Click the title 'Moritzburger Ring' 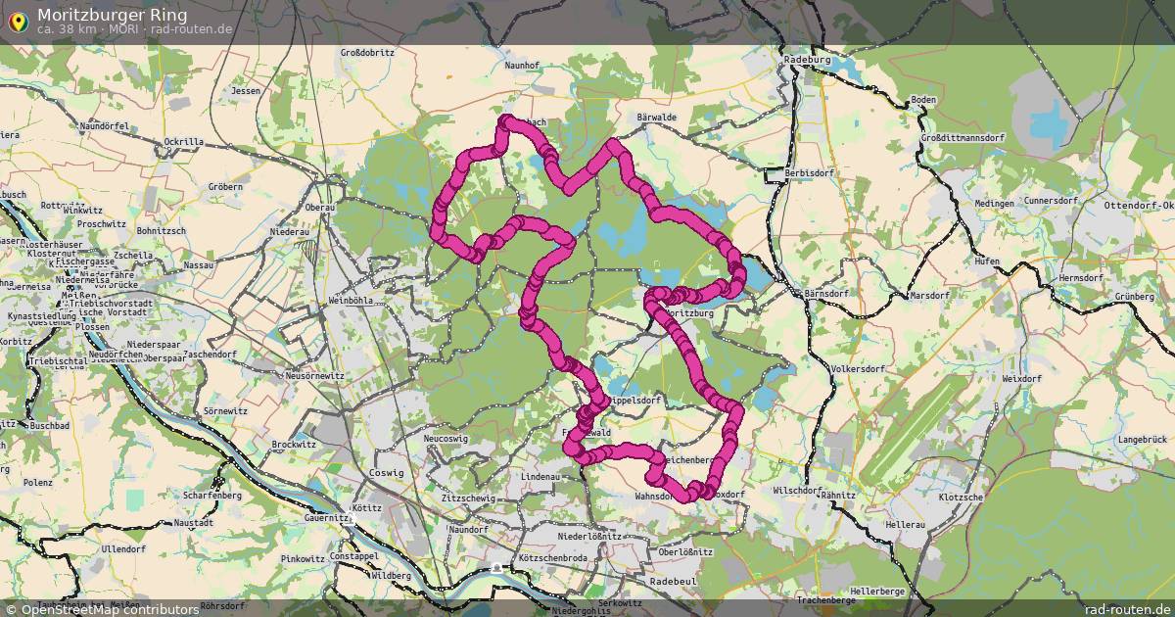tap(113, 15)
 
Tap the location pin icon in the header tap(17, 19)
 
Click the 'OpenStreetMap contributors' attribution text tap(109, 609)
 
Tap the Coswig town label tap(387, 473)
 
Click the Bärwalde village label tap(656, 118)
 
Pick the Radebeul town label tap(672, 581)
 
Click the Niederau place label tap(289, 231)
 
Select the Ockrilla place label tap(184, 142)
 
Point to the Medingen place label tap(995, 204)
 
